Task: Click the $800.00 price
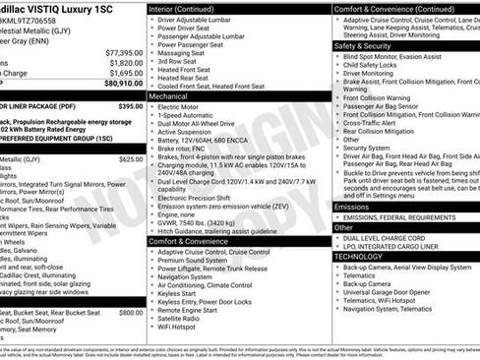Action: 131,312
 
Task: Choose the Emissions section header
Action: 353,207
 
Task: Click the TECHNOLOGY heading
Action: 358,256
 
